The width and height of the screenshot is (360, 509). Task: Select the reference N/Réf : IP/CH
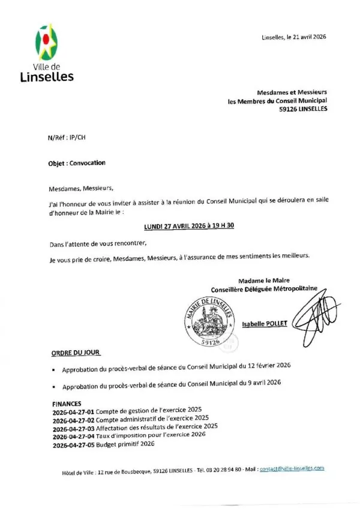(67, 137)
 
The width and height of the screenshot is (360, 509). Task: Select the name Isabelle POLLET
(265, 323)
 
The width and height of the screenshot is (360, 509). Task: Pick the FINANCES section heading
(67, 403)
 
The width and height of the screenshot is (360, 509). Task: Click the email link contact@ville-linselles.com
(292, 468)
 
